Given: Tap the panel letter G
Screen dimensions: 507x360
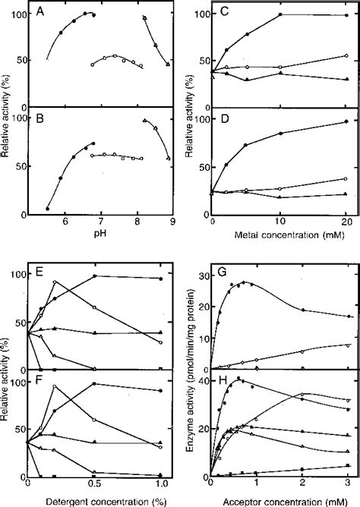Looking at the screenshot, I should [x=216, y=268].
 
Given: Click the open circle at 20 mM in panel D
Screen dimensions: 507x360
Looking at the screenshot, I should [x=346, y=179].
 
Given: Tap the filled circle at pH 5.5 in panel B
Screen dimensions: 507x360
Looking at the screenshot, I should [x=47, y=209].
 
